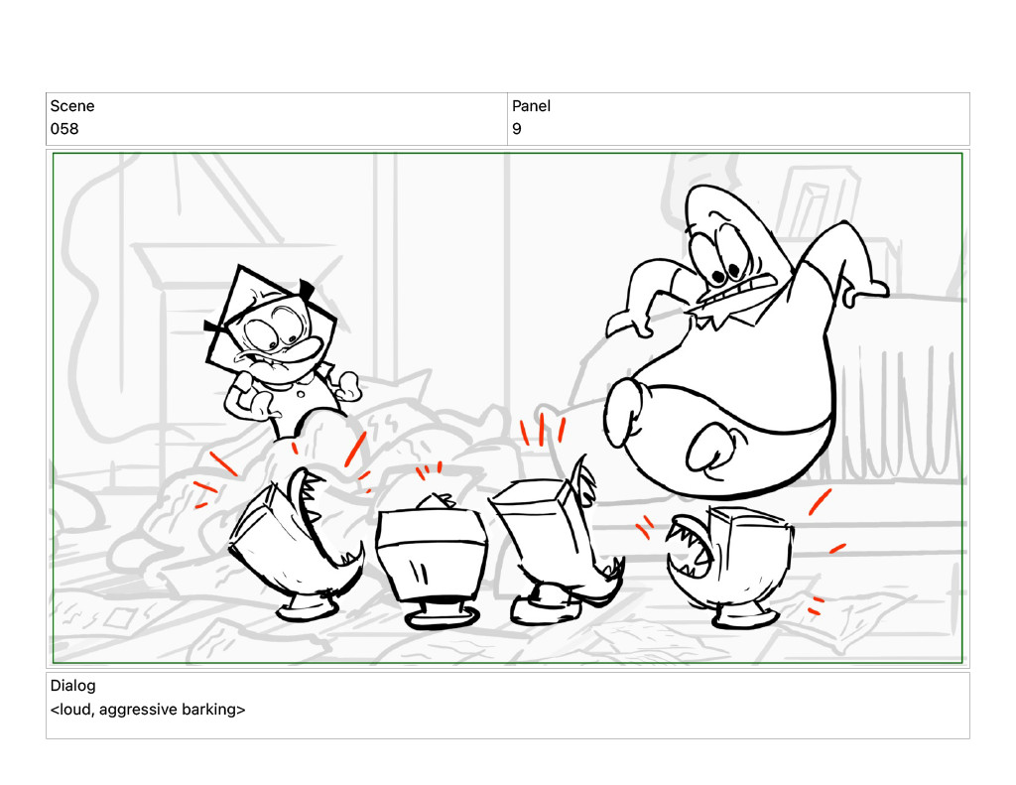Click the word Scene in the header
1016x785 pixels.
[x=71, y=105]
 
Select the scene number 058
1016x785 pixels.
[x=64, y=129]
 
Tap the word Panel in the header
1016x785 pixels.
[x=531, y=105]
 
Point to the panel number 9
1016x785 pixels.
[x=516, y=129]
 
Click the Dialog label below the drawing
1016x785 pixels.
[x=72, y=686]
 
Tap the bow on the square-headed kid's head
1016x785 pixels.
[x=307, y=289]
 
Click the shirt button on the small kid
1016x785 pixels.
[x=301, y=393]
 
